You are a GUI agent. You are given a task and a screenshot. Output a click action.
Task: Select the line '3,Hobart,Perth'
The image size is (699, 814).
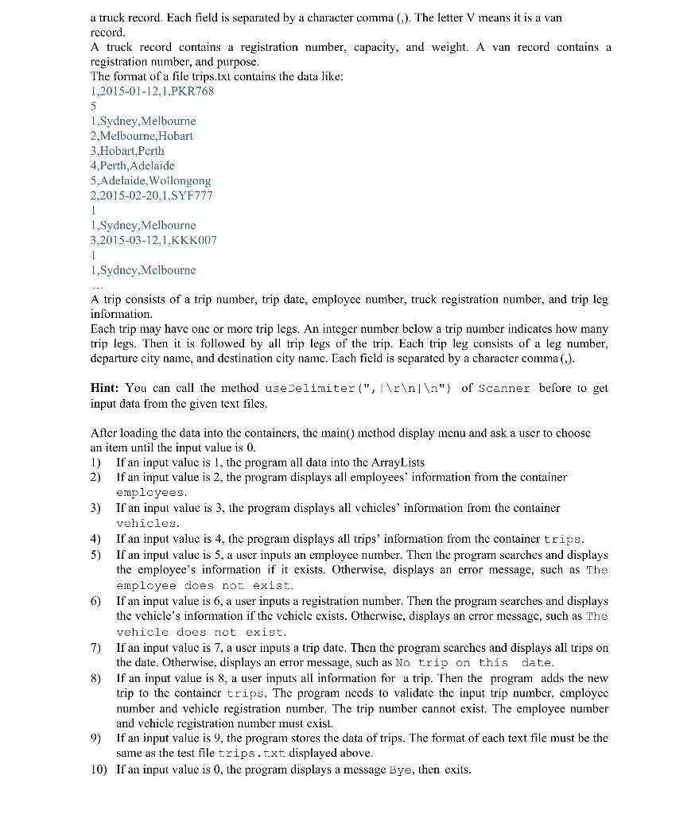click(128, 150)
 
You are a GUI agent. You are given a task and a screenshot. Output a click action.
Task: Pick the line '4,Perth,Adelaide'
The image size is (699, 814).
click(133, 165)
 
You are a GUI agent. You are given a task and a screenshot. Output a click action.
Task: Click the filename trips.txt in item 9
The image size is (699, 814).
click(248, 753)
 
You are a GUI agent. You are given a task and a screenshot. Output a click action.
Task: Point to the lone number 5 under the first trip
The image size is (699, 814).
click(94, 106)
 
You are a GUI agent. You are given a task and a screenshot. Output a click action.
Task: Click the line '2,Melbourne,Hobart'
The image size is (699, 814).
click(142, 135)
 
